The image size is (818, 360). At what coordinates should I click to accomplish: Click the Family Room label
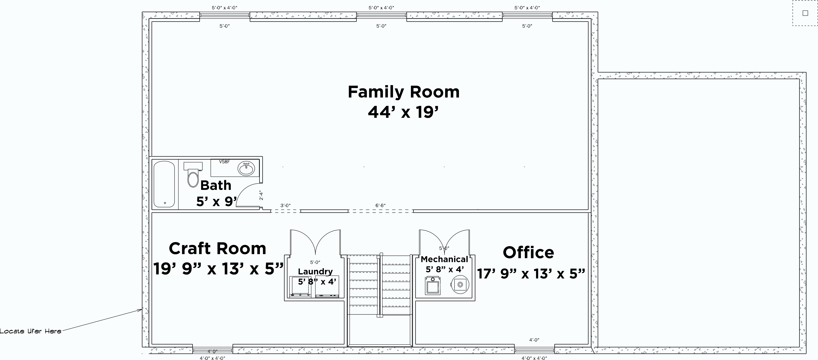coord(403,92)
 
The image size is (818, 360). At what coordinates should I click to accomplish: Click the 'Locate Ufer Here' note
coord(31,331)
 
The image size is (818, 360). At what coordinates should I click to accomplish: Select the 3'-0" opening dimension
coord(285,205)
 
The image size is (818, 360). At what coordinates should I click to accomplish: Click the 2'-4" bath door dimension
coord(261,195)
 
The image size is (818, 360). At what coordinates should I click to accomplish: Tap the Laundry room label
coord(315,271)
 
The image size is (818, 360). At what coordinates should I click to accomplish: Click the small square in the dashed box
coord(805,13)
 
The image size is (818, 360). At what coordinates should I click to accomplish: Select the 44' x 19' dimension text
coord(403,112)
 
